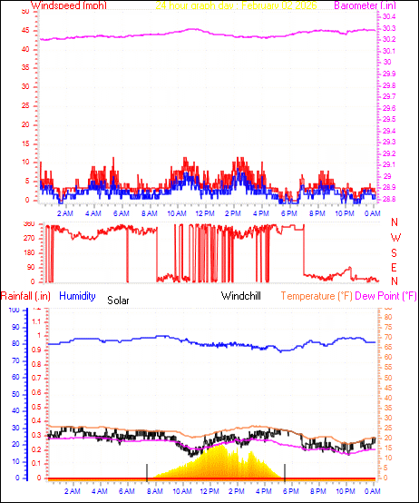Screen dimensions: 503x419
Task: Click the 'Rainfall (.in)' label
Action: pyautogui.click(x=26, y=296)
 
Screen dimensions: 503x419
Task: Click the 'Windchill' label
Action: pyautogui.click(x=242, y=296)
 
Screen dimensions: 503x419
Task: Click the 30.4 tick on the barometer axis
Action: pyautogui.click(x=388, y=17)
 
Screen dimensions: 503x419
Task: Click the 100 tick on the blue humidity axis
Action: pyautogui.click(x=13, y=310)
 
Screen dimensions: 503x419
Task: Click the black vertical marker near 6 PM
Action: pyautogui.click(x=285, y=470)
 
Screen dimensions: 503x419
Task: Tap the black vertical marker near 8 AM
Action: pyautogui.click(x=146, y=470)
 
